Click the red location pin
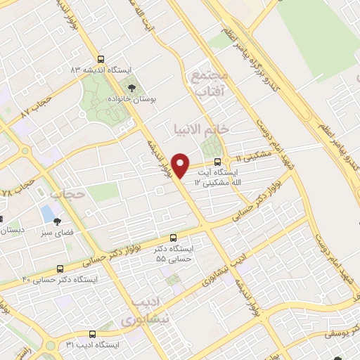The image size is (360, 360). coord(181,166)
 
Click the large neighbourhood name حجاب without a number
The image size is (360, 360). coord(68,193)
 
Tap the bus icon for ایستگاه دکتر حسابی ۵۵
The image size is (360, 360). coord(174,238)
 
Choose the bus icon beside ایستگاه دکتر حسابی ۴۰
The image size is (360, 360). coord(60,269)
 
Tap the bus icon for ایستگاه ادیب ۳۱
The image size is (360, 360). coord(92,334)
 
